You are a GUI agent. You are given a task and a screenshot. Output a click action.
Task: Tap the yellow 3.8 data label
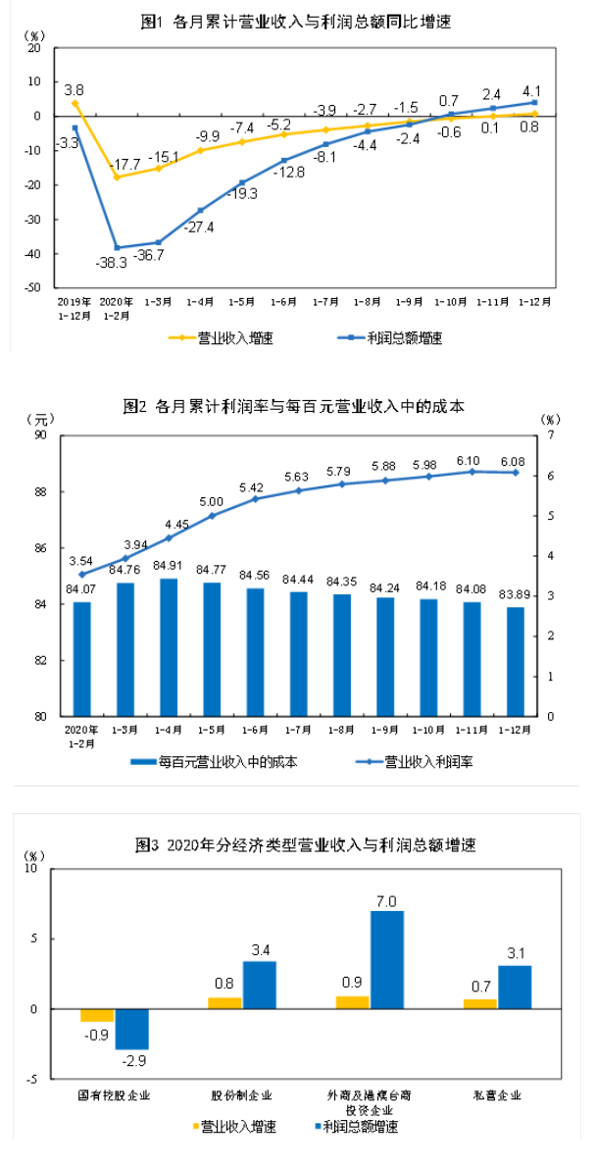coord(74,88)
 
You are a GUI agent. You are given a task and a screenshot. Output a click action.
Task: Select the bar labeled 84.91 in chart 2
coord(169,647)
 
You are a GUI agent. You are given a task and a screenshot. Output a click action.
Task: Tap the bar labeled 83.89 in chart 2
coord(515,661)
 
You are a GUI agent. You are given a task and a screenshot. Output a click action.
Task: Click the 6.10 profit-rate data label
coord(470,459)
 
